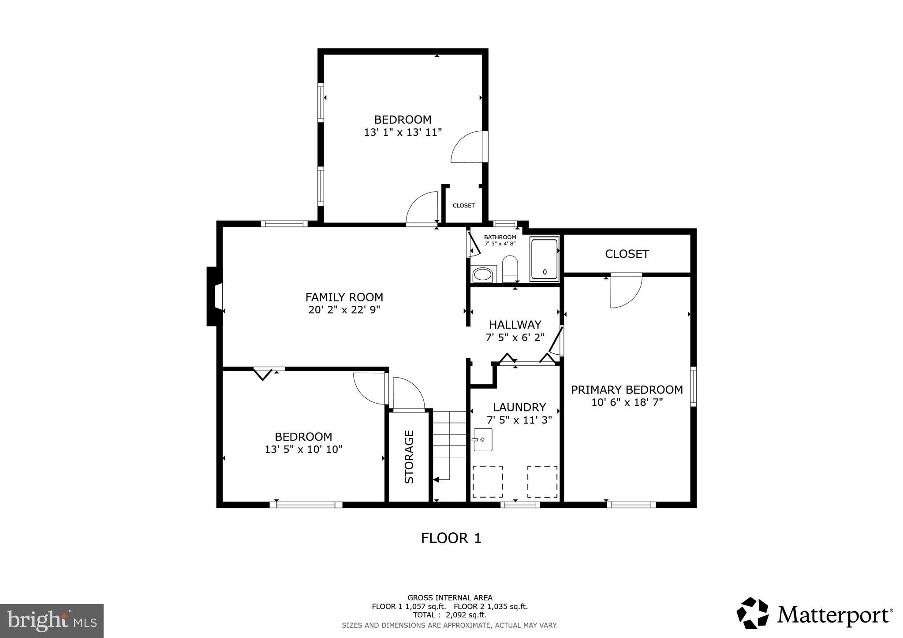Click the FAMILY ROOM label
344,297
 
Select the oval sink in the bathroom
482,275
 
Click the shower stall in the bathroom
545,259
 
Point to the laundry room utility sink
483,440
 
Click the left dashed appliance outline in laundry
488,482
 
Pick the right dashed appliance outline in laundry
542,482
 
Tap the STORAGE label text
409,457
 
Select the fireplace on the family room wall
214,297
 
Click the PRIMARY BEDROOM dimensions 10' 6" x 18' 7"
627,402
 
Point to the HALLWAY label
515,325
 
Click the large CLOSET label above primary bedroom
627,254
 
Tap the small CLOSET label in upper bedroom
463,205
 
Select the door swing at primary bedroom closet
625,291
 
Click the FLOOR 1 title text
451,538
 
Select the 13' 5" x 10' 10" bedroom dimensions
303,449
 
